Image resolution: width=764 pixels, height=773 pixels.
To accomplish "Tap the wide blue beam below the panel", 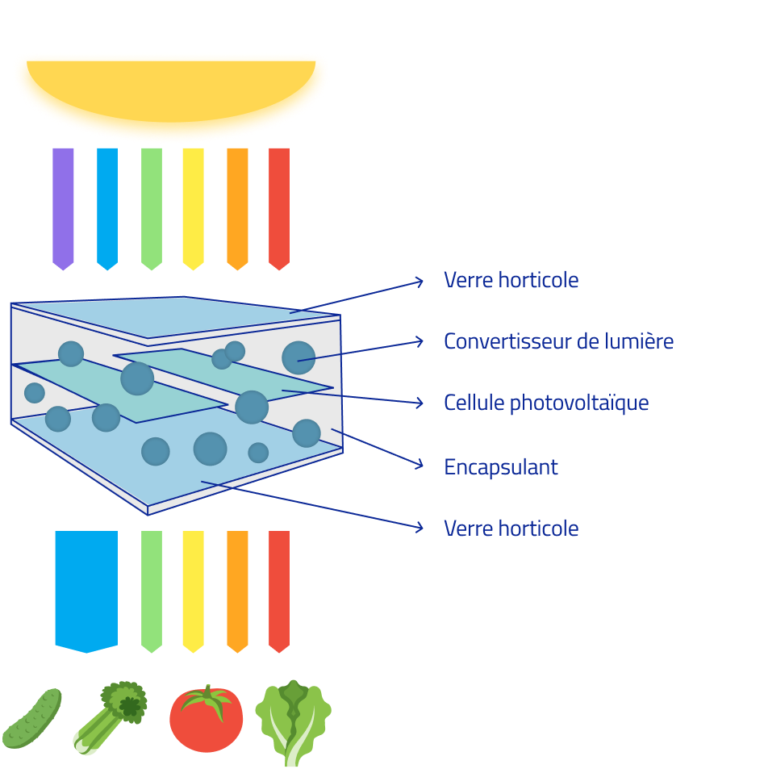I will tap(86, 588).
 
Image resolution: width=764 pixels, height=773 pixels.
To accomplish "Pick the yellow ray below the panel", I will tap(193, 589).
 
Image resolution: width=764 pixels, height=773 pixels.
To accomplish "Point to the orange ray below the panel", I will tap(237, 589).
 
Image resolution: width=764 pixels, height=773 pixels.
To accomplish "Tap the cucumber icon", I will tap(32, 718).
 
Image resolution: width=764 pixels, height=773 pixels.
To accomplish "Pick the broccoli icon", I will tap(113, 714).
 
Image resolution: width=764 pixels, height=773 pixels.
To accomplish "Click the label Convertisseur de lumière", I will tap(558, 341).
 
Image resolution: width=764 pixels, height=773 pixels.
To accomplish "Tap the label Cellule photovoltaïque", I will tap(546, 403).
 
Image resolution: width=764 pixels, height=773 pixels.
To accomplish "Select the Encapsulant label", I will tap(501, 467).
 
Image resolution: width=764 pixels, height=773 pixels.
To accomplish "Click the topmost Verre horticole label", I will tap(511, 281).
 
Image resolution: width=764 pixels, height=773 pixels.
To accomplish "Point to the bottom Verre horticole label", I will tap(511, 529).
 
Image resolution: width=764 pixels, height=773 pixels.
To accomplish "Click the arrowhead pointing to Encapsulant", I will tap(420, 465).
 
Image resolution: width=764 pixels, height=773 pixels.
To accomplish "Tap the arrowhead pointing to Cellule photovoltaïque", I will tap(420, 403).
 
